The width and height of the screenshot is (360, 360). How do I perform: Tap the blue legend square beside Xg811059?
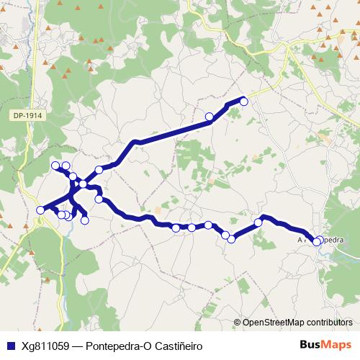(x=9, y=345)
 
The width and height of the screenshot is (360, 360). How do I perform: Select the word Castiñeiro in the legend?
(x=176, y=345)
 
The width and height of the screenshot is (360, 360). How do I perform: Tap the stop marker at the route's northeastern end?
(x=243, y=102)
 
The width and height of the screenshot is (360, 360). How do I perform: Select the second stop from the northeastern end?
(x=210, y=117)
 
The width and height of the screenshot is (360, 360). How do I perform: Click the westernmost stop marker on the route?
(x=40, y=210)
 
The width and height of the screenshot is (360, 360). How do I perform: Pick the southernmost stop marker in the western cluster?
(x=85, y=220)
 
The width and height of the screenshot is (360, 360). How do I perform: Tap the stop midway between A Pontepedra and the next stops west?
(x=258, y=222)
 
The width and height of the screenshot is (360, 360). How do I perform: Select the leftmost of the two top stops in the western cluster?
(x=56, y=166)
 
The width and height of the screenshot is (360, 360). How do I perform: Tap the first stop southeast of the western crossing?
(x=99, y=199)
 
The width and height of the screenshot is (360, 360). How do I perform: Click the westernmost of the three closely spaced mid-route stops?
(x=176, y=228)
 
